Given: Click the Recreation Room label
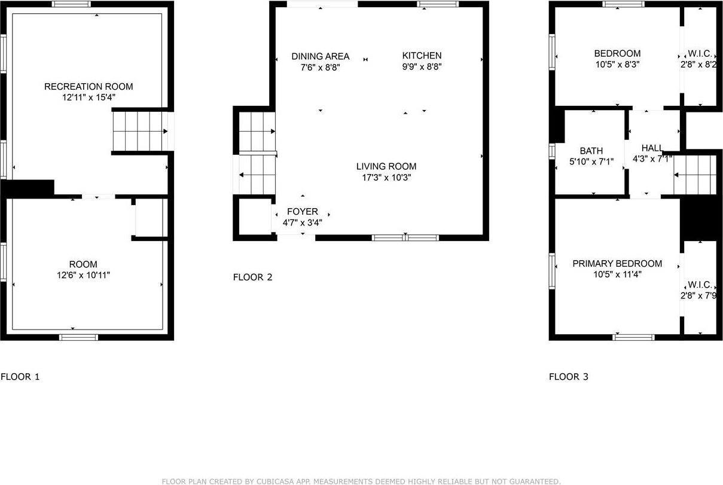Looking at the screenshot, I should pyautogui.click(x=89, y=87).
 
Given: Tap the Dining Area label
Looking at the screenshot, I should pyautogui.click(x=320, y=56).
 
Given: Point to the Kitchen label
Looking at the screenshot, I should pyautogui.click(x=422, y=56).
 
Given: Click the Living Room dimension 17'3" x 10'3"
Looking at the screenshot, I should pyautogui.click(x=386, y=178).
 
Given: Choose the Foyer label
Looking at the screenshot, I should pyautogui.click(x=303, y=212).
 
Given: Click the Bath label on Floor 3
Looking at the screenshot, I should pyautogui.click(x=591, y=151).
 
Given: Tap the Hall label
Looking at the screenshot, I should pyautogui.click(x=652, y=148).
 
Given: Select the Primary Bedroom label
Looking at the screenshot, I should pyautogui.click(x=617, y=264).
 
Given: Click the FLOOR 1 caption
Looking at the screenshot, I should pyautogui.click(x=20, y=377).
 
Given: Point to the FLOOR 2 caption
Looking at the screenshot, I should pyautogui.click(x=252, y=277).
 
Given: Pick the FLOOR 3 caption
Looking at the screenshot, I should pyautogui.click(x=569, y=377).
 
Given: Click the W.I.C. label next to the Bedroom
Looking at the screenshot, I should pyautogui.click(x=699, y=53).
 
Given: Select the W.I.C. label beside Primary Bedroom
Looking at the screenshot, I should pyautogui.click(x=699, y=285).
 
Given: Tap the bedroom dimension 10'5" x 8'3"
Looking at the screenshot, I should pyautogui.click(x=617, y=65).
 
